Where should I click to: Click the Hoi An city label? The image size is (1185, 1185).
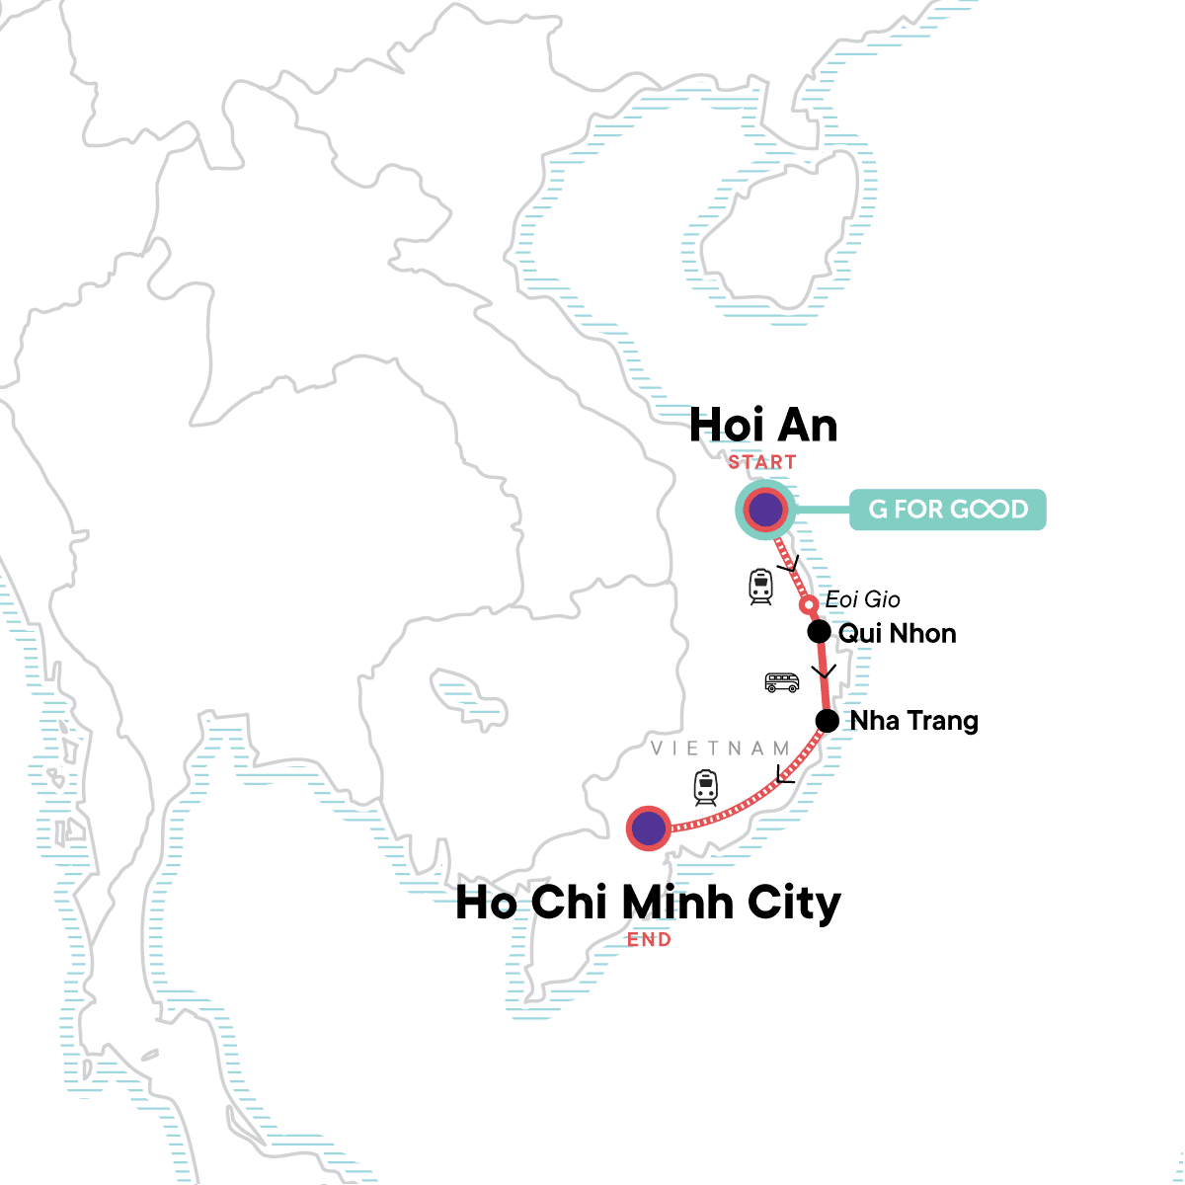(763, 426)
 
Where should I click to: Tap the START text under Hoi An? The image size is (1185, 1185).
(761, 462)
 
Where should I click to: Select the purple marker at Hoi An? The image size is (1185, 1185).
(765, 511)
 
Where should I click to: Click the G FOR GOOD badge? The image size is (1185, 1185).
(947, 510)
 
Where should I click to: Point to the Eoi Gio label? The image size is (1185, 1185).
(862, 599)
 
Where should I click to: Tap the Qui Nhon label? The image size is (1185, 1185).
(897, 633)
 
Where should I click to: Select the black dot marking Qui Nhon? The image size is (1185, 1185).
(819, 632)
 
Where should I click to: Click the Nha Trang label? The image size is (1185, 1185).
(913, 721)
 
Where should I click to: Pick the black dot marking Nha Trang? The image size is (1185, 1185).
(828, 721)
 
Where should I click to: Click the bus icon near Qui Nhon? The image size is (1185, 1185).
(782, 682)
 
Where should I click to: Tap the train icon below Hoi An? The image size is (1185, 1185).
(760, 587)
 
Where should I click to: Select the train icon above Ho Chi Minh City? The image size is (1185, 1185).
(705, 787)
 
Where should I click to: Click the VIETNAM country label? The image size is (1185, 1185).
(720, 749)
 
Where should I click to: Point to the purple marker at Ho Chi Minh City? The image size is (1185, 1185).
(648, 829)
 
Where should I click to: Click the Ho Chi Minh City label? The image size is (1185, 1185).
(648, 903)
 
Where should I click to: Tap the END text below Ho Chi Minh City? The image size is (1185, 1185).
(649, 940)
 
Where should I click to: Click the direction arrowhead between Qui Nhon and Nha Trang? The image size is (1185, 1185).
(824, 672)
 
